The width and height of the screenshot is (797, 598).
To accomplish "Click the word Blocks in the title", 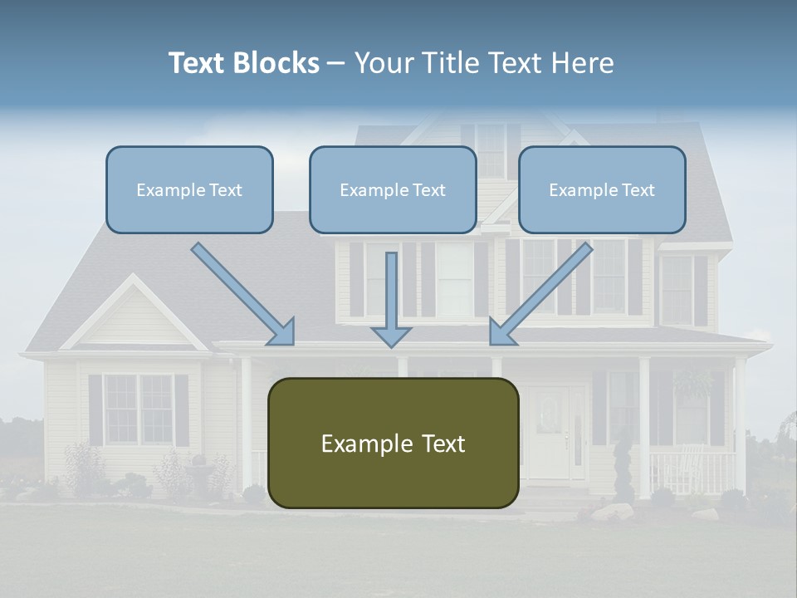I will [x=277, y=63].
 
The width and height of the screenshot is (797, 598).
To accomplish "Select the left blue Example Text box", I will [x=189, y=189].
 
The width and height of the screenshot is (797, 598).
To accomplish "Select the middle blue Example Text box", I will [x=393, y=189].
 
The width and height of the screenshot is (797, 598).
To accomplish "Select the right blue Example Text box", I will [x=602, y=189].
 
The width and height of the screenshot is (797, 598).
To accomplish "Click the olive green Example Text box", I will [x=393, y=443].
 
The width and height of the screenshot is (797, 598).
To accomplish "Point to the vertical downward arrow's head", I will [x=391, y=336].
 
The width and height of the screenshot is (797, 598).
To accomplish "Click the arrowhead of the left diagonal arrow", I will [x=283, y=332].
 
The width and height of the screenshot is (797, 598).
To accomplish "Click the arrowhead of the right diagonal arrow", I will [x=501, y=332].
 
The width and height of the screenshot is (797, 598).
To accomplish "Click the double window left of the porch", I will [x=139, y=409].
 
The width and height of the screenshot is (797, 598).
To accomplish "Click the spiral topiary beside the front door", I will [x=621, y=465].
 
